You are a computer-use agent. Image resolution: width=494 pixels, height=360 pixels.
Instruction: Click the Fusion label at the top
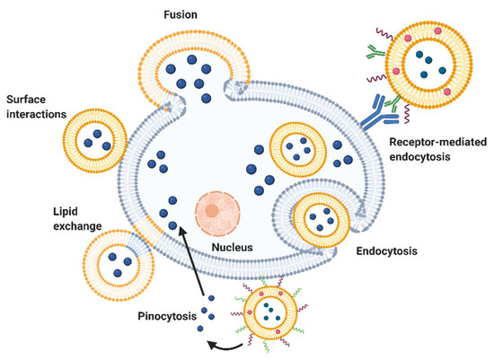(x=194, y=16)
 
